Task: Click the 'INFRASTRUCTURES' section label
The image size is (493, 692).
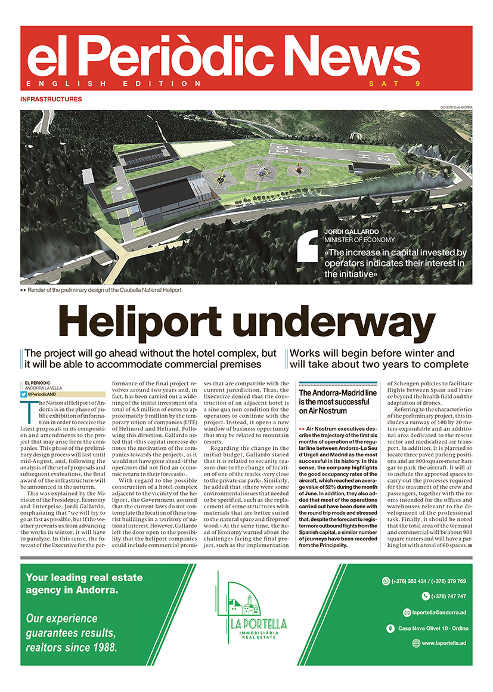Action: (51, 99)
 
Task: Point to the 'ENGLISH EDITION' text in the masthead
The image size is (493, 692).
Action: (114, 84)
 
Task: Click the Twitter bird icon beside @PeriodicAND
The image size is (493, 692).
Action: (24, 394)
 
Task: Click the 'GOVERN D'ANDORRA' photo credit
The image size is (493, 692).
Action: (456, 107)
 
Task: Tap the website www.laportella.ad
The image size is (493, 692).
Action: (444, 643)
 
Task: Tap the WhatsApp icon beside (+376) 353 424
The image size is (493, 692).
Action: (386, 581)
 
